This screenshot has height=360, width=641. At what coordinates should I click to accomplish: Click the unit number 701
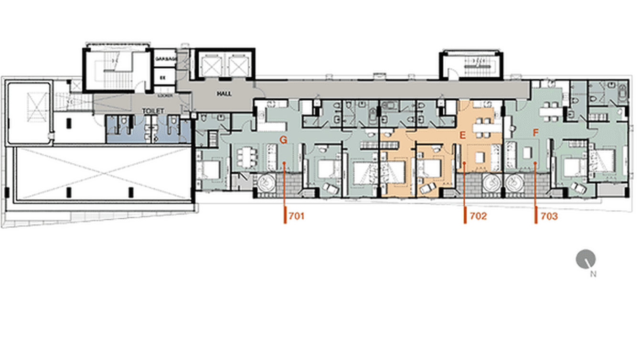tap(297, 216)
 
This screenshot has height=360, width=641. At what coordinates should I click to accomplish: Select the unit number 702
tap(478, 216)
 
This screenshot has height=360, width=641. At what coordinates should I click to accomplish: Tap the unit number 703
tap(549, 216)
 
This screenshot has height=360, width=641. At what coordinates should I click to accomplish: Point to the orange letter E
tap(462, 136)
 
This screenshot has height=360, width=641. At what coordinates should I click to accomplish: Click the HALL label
tap(224, 94)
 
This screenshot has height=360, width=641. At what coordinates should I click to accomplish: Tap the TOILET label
tap(153, 111)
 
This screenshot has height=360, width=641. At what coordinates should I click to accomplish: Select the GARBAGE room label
tap(166, 58)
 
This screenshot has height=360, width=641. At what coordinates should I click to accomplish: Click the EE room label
tap(162, 76)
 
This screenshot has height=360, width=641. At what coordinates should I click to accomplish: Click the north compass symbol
tap(586, 259)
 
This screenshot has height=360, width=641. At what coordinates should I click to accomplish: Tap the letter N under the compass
tap(593, 274)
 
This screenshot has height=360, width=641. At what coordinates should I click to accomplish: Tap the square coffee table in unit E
tap(480, 156)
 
